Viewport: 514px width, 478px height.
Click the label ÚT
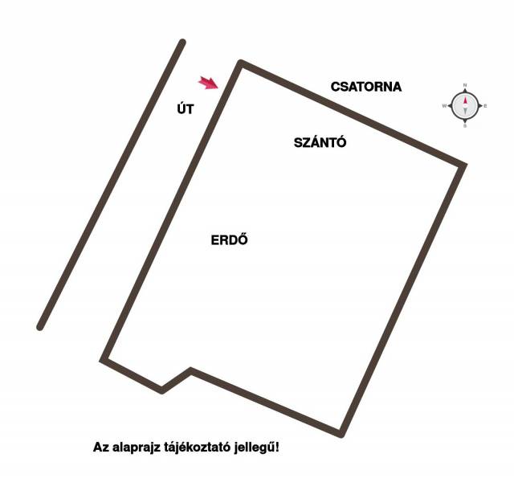pos(186,108)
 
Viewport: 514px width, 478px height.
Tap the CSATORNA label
pos(366,87)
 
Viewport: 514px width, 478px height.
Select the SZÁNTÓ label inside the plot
pos(320,142)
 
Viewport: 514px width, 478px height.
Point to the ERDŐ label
pos(230,239)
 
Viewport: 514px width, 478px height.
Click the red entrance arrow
pos(209,83)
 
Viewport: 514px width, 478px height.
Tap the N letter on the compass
pos(465,86)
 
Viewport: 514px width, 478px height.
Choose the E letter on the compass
pos(485,106)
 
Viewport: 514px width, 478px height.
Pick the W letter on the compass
pos(444,106)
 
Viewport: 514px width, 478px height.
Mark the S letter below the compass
pos(465,126)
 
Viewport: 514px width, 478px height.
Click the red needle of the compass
pos(465,101)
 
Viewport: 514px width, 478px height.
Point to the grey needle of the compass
pos(465,111)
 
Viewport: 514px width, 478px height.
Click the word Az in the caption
pos(100,447)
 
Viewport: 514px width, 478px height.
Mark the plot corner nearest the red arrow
pos(241,63)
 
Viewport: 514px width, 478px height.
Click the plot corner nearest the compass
pos(463,165)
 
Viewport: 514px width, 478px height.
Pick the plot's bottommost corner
pos(341,435)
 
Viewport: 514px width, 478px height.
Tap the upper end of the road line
pos(183,43)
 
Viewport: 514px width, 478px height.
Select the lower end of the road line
pos(39,328)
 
